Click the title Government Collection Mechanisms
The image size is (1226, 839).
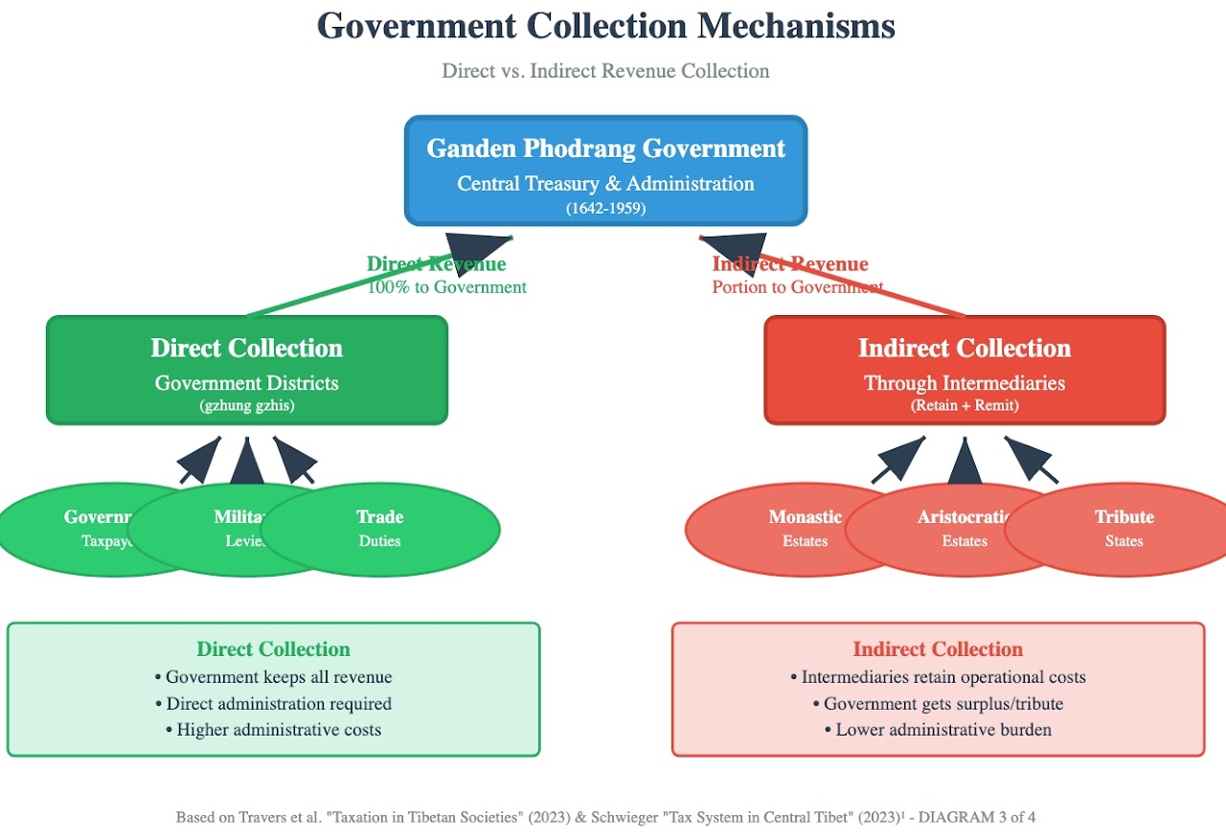605,26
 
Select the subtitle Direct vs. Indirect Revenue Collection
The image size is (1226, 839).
605,71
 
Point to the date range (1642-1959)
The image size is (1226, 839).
605,207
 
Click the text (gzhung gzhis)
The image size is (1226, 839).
246,405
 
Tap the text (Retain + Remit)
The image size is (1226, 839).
965,405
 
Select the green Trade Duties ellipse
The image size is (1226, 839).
402,529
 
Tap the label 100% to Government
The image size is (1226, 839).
446,287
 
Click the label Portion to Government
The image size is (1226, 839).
797,287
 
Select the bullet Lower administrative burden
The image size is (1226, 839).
938,730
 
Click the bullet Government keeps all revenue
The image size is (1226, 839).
273,677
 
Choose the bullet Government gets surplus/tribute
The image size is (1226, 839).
938,704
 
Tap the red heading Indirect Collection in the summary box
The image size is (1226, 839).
938,649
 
